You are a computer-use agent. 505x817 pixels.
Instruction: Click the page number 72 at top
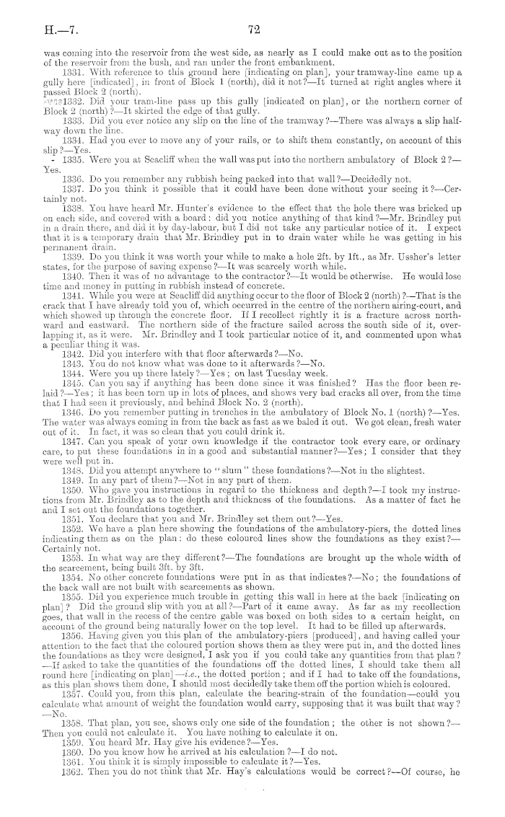pyautogui.click(x=252, y=30)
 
